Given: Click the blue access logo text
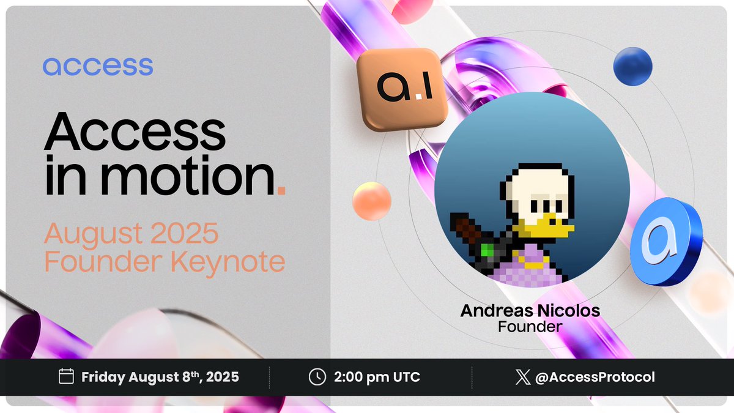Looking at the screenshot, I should (98, 66).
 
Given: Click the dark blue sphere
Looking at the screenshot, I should (632, 66).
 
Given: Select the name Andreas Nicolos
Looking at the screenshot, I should (530, 311).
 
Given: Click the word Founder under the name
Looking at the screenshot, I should (530, 327).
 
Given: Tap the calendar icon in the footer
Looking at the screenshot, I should (66, 376).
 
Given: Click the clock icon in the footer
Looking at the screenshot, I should (317, 376).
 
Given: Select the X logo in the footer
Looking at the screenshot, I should (522, 377).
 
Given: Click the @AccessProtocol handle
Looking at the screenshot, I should (595, 377).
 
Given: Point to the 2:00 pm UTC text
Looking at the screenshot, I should (376, 377).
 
